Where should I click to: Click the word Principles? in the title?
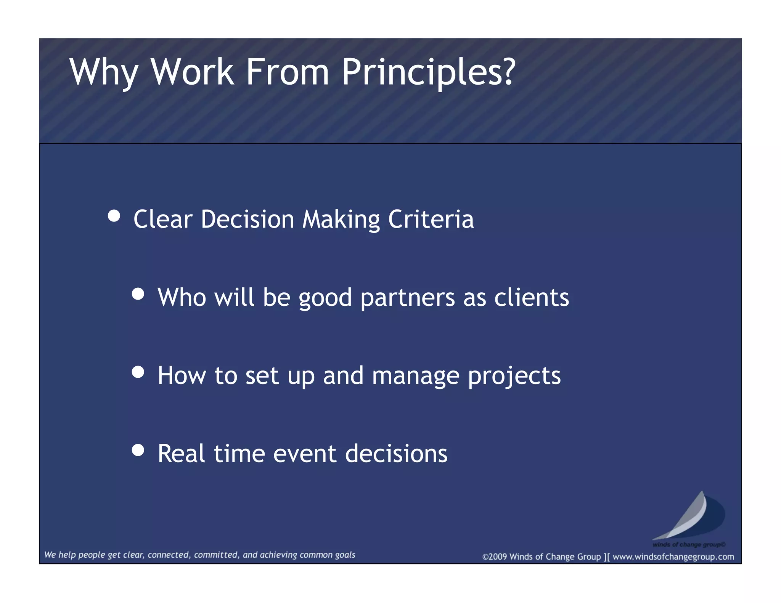coord(428,72)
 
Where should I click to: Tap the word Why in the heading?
coord(103,72)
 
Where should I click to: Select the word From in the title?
coord(287,72)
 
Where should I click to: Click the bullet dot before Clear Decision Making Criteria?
coord(114,216)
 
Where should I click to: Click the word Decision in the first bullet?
coord(247,220)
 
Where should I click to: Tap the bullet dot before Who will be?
coord(138,294)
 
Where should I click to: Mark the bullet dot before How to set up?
coord(138,372)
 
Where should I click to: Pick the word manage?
coord(416,376)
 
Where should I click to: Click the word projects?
coord(514,376)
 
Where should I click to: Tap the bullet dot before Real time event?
coord(138,450)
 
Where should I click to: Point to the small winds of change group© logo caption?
coord(689,544)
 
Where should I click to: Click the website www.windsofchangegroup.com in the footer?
coord(673,557)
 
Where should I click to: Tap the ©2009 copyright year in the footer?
coord(495,557)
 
